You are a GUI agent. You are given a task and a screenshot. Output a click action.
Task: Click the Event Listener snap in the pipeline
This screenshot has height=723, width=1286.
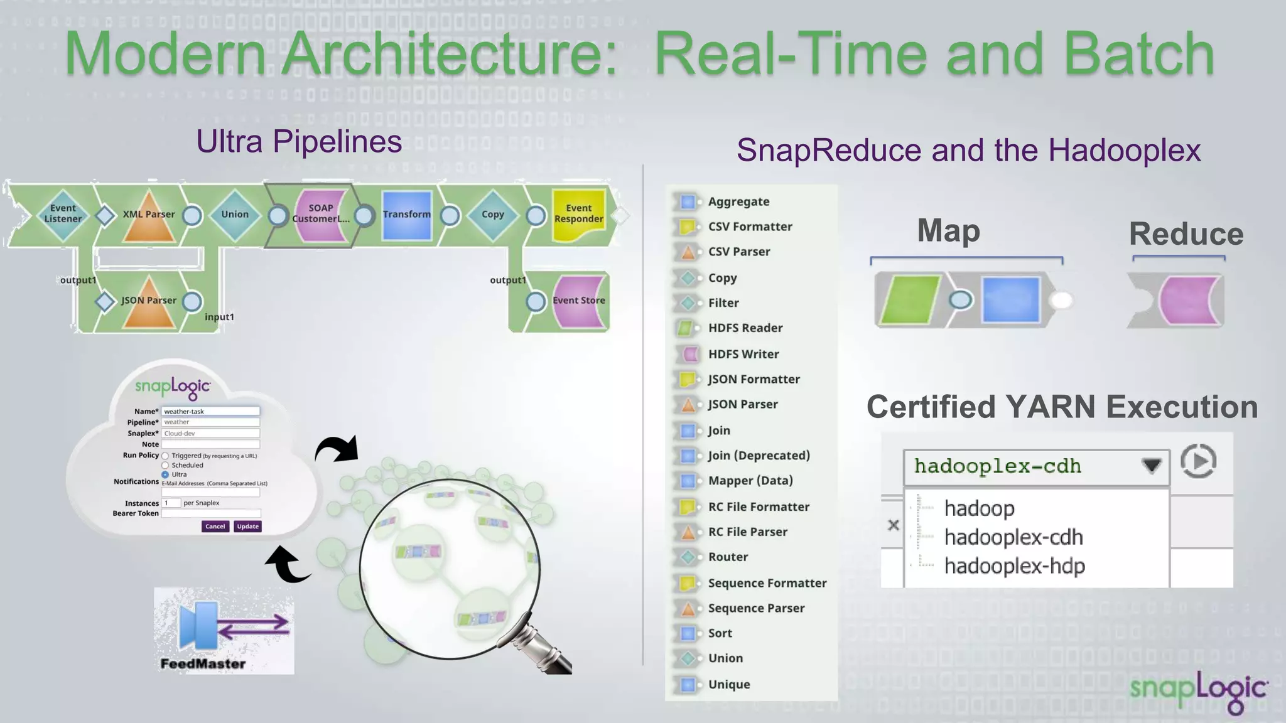pos(63,214)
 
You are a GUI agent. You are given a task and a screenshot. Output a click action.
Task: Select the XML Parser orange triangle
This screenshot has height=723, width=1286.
pos(149,217)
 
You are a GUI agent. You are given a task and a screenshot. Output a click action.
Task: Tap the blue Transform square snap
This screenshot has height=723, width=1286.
pos(407,215)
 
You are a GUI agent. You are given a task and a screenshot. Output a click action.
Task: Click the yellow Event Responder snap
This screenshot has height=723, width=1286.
pos(578,214)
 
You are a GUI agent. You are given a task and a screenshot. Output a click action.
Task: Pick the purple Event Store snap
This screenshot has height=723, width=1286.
pos(578,301)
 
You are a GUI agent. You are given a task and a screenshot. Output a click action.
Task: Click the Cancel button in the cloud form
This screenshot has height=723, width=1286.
pos(215,527)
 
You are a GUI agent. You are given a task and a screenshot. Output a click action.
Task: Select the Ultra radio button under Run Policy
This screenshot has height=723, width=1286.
pos(166,474)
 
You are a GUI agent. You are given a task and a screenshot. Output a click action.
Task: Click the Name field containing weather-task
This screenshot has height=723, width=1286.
pos(210,411)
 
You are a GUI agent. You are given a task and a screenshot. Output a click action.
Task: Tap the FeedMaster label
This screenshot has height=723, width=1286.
pos(203,663)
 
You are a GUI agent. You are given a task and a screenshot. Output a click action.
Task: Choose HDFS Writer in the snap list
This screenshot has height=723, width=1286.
pos(743,354)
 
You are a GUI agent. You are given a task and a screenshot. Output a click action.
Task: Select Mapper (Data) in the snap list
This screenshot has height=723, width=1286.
pos(750,481)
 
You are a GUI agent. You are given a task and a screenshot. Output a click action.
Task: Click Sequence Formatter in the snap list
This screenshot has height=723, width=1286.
pos(767,583)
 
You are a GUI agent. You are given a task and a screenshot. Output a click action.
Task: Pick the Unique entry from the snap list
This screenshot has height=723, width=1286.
pos(728,684)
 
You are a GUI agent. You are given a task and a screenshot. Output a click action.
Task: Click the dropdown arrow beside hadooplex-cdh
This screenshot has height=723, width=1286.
pos(1151,466)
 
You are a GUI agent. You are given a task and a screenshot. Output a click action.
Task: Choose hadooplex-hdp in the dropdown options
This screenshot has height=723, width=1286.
pos(1014,566)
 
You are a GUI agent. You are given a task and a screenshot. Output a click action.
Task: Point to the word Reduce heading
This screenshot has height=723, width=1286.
pos(1186,234)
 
